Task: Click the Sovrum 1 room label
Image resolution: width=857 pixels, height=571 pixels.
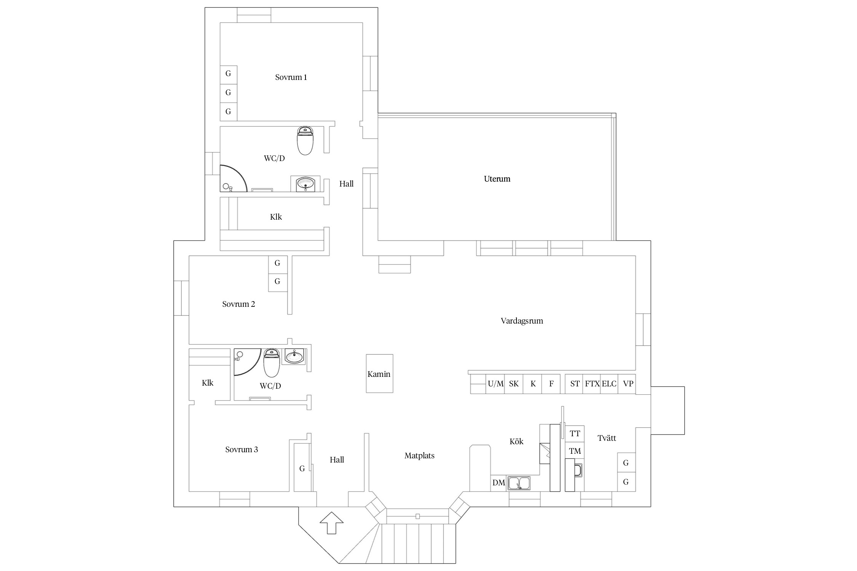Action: [291, 77]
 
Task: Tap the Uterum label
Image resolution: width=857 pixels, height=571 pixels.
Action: [497, 179]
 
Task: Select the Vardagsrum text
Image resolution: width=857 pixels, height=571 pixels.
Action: [522, 321]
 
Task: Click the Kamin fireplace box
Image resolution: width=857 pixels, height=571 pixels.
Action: [379, 373]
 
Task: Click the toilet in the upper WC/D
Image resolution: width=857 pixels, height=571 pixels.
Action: [305, 141]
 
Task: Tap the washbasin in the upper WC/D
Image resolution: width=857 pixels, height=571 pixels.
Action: [305, 184]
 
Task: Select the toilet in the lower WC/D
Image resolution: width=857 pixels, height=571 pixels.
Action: [272, 363]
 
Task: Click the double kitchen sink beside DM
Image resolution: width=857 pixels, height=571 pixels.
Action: [519, 483]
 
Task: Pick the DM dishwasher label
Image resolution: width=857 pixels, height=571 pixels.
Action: [499, 483]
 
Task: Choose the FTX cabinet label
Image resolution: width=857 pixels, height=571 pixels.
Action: [592, 384]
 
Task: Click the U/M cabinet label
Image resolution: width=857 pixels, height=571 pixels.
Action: [496, 384]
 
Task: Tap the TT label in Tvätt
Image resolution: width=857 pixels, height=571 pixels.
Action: [575, 434]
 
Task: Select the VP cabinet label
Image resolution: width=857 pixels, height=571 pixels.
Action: [628, 384]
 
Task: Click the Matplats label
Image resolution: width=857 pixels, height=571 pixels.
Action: [419, 456]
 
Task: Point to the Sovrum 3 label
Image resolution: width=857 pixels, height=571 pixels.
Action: [241, 450]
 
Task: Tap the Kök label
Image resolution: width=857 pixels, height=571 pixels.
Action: [516, 442]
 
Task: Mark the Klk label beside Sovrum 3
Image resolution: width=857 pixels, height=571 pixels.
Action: [208, 383]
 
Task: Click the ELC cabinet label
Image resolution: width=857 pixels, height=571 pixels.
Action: [609, 384]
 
